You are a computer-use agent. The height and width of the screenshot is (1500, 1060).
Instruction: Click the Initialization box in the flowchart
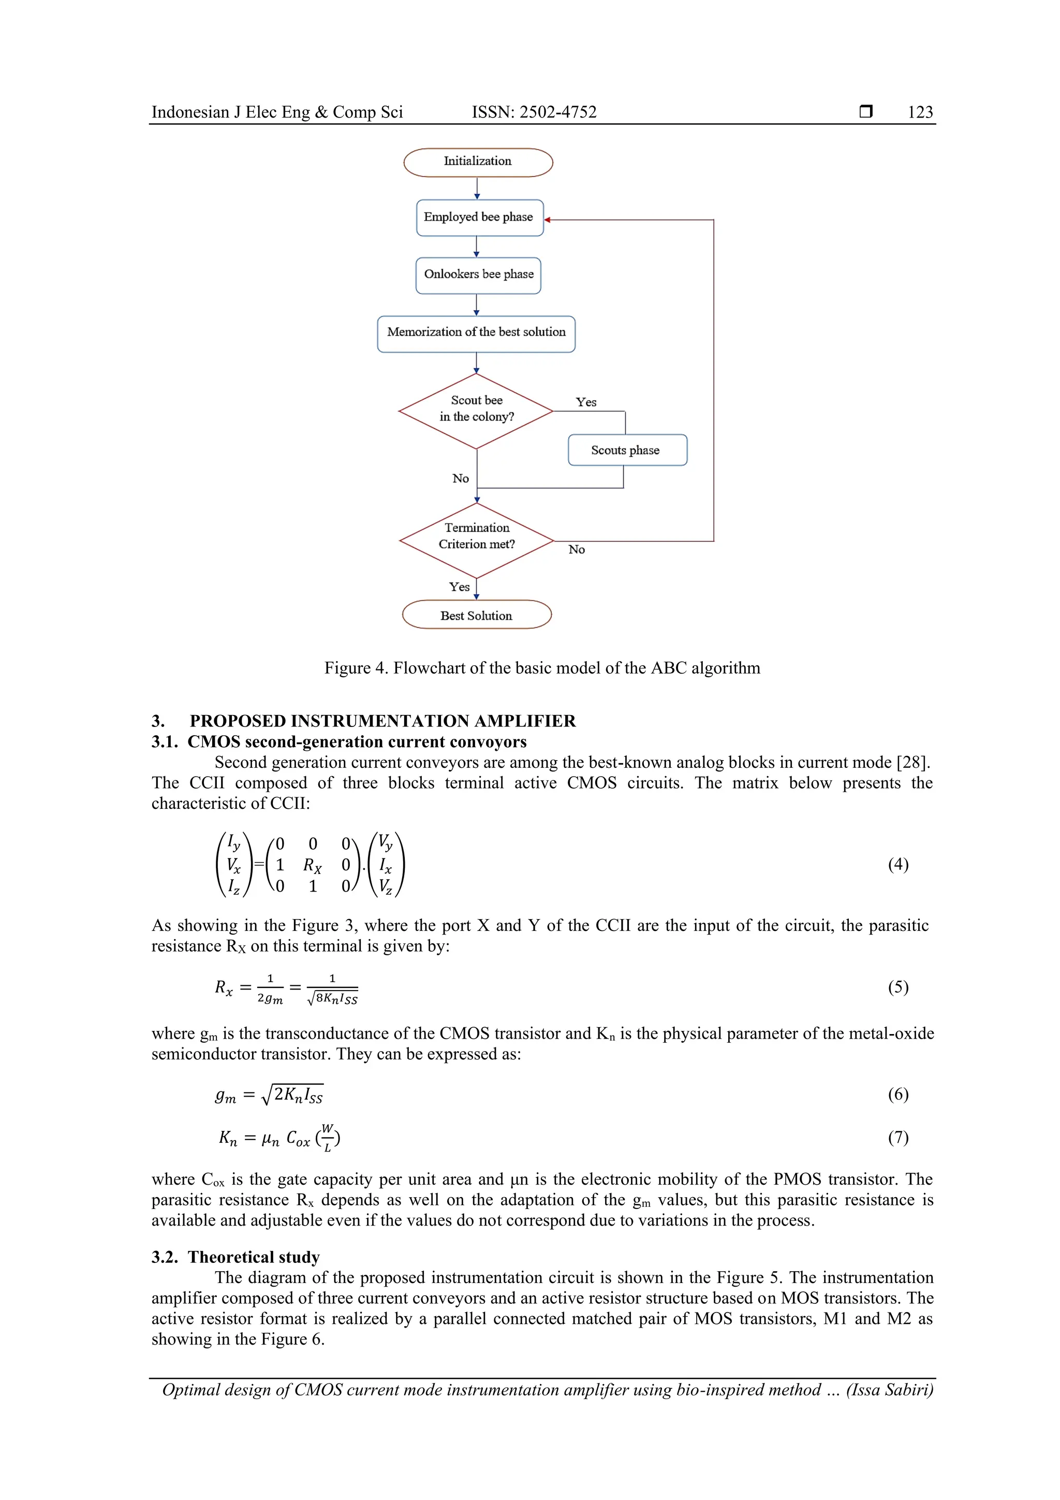tap(477, 162)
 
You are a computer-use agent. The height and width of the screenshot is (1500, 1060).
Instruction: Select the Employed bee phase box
tap(479, 217)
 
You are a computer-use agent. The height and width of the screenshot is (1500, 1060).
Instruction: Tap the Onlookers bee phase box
tap(478, 275)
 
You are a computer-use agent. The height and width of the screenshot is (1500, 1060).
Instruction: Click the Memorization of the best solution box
tap(476, 333)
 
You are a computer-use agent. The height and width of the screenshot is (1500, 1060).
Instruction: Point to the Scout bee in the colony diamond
tap(476, 410)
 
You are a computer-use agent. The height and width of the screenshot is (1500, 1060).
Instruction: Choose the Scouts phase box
tap(626, 450)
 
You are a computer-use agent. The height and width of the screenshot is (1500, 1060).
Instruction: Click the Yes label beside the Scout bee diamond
tap(586, 402)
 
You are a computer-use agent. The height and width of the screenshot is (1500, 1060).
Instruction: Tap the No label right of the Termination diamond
tap(576, 549)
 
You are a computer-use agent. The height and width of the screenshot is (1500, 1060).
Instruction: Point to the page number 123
tap(920, 112)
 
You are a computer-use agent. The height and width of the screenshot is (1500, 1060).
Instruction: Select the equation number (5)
tap(897, 987)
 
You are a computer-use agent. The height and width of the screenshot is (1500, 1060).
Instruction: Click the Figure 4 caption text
tap(541, 668)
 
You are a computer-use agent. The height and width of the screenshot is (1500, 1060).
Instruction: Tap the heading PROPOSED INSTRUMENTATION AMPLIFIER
tap(382, 721)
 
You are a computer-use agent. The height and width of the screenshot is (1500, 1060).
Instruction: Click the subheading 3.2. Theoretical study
tap(236, 1257)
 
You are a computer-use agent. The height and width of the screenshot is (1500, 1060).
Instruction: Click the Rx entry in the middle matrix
tap(312, 866)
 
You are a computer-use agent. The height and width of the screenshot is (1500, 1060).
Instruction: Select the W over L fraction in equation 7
tap(327, 1138)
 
